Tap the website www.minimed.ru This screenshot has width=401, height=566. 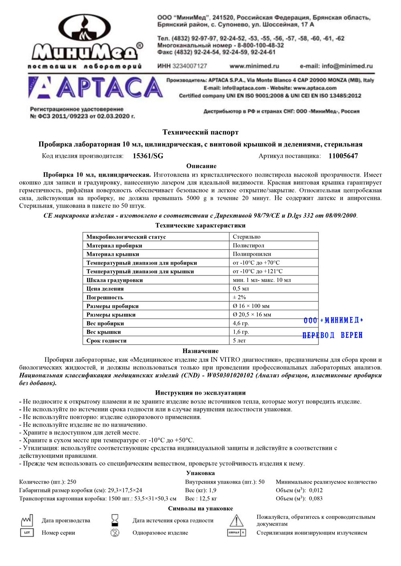click(254, 66)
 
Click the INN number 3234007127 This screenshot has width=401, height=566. click(189, 66)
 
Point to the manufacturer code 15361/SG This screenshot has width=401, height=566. click(148, 156)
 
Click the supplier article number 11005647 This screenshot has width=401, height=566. click(343, 156)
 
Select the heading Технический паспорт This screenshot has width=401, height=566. click(200, 132)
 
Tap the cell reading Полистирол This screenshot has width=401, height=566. click(248, 245)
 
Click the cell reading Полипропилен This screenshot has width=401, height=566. click(252, 254)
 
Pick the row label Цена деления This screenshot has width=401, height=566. click(105, 289)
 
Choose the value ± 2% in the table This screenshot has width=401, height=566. click(239, 297)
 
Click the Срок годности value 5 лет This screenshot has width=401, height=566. click(239, 341)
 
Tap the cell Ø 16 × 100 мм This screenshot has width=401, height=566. click(251, 306)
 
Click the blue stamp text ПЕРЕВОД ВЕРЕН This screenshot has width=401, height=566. click(332, 335)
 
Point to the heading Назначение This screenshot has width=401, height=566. click(200, 351)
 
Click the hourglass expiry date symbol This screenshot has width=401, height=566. click(115, 520)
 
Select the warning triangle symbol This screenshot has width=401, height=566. click(236, 520)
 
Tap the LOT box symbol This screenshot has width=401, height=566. click(27, 533)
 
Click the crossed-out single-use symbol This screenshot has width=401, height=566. click(115, 533)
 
